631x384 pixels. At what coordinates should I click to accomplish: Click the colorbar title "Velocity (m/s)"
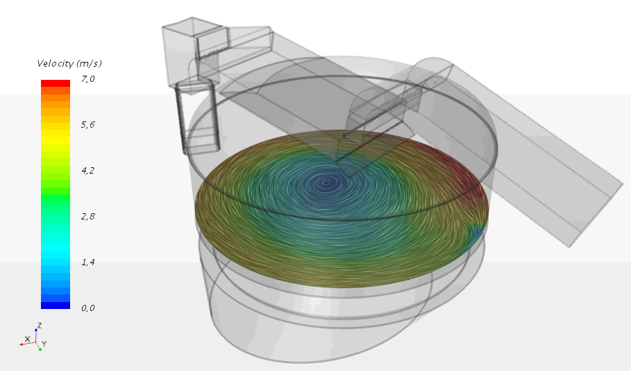coord(69,64)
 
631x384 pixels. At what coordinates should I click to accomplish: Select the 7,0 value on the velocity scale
coord(87,79)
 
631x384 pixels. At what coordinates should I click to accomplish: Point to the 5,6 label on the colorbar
coord(87,125)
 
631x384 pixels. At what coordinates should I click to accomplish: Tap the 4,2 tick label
coord(87,171)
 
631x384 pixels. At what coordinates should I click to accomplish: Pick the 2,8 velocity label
coord(87,217)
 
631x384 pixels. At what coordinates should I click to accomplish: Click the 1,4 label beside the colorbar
coord(87,262)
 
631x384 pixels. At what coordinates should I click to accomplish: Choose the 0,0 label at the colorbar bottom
coord(87,308)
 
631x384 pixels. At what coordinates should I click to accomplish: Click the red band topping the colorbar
coord(56,83)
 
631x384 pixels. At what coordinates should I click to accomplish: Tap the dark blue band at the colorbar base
coord(56,306)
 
